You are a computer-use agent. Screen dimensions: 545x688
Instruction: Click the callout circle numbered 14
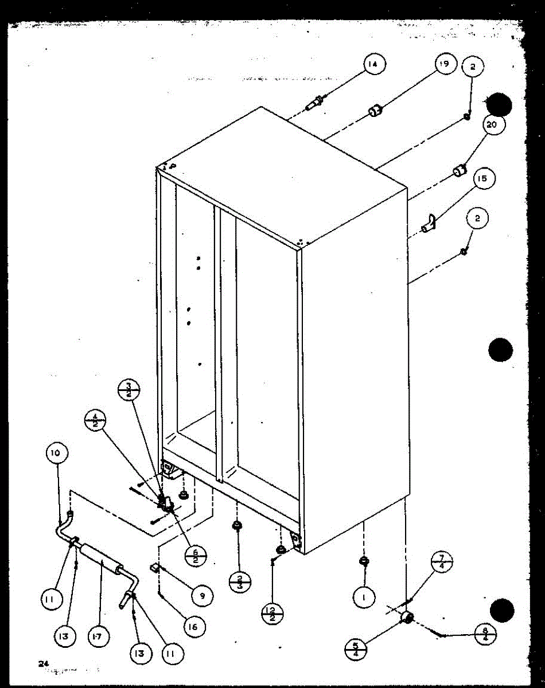(x=373, y=65)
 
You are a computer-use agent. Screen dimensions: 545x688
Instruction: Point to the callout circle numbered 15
(x=482, y=179)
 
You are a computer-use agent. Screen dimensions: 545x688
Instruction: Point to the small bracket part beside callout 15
(x=429, y=224)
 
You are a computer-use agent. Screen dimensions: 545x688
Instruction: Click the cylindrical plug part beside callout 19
(x=375, y=110)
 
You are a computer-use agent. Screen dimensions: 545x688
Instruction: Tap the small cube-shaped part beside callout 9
(x=155, y=568)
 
